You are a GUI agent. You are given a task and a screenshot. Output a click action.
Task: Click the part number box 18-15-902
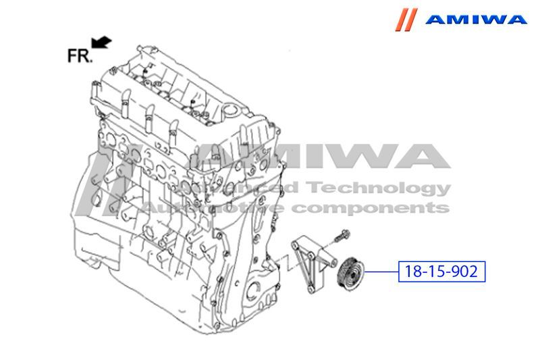pos(441,272)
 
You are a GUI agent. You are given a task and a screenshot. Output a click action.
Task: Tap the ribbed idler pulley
pos(350,274)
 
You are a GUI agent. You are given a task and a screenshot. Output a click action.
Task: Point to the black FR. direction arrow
pos(101,43)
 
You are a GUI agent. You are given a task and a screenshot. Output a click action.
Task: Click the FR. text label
pos(80,55)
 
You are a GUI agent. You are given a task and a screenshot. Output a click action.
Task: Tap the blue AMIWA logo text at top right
pos(476,20)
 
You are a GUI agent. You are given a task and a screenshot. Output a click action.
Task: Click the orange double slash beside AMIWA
pos(406,20)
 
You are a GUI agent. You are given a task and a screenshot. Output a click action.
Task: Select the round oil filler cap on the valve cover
pos(231,111)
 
